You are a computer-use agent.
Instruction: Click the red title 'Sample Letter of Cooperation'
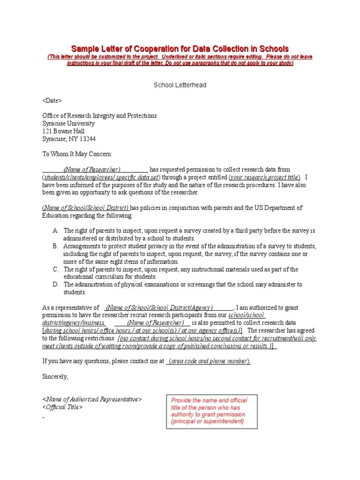coord(180,49)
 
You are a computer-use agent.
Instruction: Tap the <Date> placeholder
coord(52,101)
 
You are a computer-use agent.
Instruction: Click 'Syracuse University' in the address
coord(68,123)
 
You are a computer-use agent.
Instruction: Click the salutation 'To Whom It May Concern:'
coord(77,154)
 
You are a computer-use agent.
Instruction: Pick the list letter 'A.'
coord(55,231)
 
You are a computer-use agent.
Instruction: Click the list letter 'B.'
coord(55,246)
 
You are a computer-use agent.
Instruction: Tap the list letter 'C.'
coord(55,269)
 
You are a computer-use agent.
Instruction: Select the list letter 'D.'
coord(55,285)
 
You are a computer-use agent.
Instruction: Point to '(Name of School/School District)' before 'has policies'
coord(86,208)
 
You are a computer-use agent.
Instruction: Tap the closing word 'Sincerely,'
coord(55,376)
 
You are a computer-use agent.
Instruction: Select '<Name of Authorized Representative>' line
coord(92,399)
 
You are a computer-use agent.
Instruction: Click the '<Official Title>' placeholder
coord(62,407)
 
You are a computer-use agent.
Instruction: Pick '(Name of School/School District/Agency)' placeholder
coord(159,307)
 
